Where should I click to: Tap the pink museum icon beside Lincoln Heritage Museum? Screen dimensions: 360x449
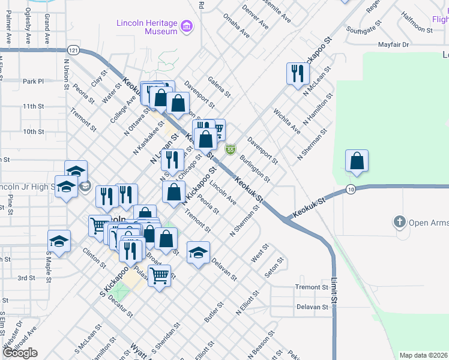point(187,26)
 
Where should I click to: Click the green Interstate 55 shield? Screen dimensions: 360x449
point(230,149)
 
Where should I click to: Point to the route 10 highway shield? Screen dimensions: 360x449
point(351,190)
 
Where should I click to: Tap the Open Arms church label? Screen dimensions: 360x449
point(429,223)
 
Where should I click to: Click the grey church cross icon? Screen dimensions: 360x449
point(400,222)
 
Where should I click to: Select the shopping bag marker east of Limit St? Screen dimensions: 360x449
point(357,161)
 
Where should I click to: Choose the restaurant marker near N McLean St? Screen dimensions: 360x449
point(298,74)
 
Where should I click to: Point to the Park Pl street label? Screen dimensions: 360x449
point(33,81)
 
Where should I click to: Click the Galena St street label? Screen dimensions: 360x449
point(219,86)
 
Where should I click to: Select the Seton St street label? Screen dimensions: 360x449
point(274,267)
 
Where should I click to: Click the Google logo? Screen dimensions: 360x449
point(20,353)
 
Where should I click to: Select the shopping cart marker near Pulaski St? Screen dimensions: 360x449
point(159,277)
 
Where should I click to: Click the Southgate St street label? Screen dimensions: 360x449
point(364,27)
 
